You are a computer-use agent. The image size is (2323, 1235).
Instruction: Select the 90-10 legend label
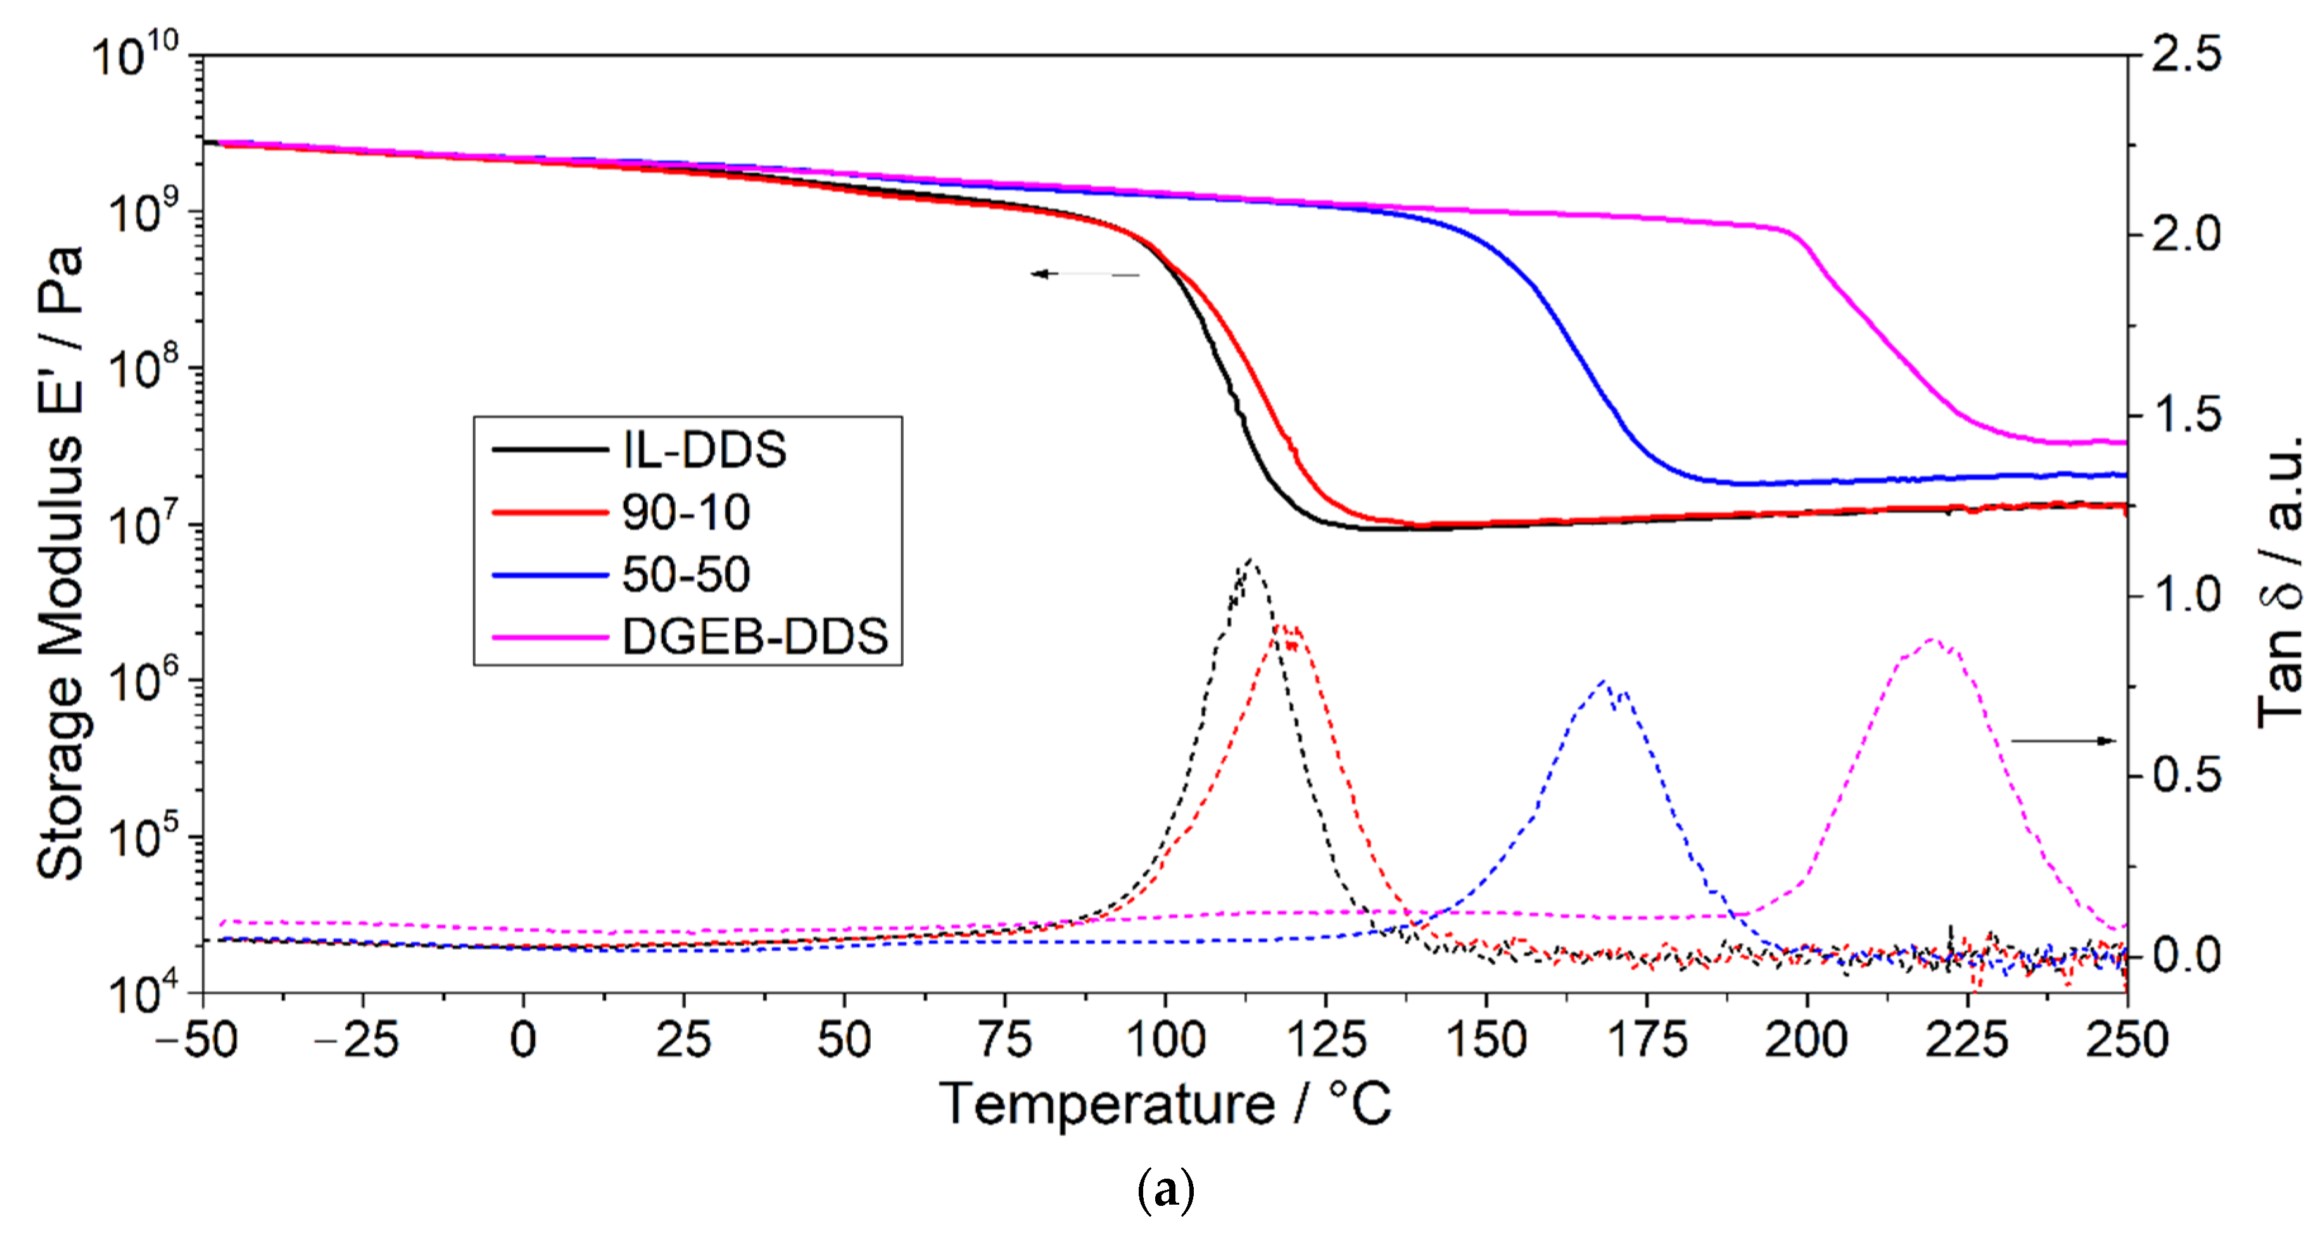[x=685, y=512]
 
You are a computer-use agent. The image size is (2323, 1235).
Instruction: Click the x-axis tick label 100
[x=1165, y=1039]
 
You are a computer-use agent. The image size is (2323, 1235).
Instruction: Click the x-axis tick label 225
[x=1967, y=1039]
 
